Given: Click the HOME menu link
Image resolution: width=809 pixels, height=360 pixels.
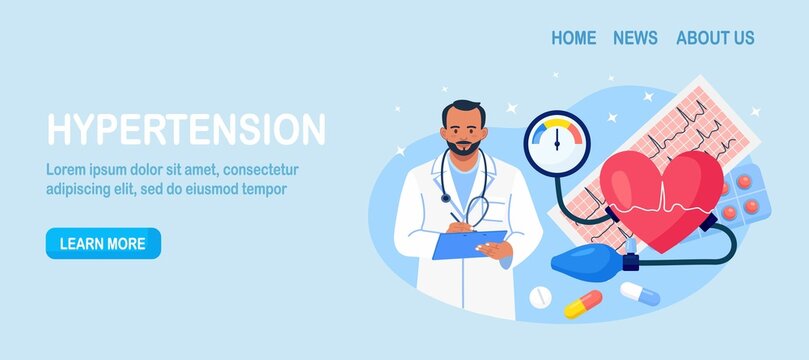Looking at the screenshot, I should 573,38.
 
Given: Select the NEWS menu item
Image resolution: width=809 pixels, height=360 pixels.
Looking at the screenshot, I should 635,38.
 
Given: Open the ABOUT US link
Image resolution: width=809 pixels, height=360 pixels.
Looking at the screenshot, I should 715,38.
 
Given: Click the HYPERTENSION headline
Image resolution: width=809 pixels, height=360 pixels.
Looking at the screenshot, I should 186,130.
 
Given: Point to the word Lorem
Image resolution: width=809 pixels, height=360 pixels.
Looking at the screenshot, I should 69,169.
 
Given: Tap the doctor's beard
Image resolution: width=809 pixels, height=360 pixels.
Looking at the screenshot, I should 463,147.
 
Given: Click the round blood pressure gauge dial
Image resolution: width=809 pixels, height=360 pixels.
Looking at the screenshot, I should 557,143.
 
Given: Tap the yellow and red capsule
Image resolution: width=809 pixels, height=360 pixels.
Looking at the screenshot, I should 583,304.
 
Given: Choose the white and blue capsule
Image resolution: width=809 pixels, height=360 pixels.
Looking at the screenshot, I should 640,294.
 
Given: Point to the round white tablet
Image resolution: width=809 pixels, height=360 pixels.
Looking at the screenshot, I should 539,297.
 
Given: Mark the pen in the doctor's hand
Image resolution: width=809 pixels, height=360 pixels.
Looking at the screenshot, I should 456,217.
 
